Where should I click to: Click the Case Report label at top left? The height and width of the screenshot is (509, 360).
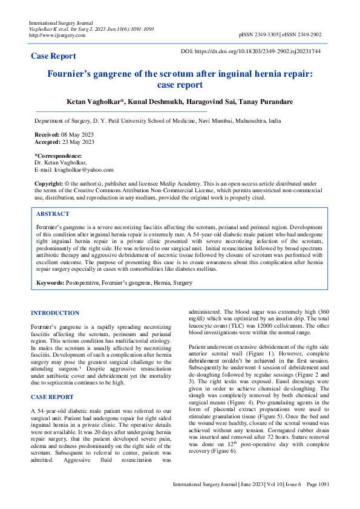tap(53, 56)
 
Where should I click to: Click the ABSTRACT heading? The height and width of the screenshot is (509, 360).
tap(53, 214)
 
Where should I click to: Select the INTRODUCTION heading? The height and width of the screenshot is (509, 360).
tap(54, 313)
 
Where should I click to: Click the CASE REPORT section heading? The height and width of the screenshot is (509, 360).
tap(52, 397)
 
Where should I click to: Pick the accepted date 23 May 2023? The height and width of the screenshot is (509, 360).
tap(78, 142)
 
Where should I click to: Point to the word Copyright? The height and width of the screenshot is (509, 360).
tap(48, 183)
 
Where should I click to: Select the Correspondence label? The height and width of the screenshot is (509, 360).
tap(58, 156)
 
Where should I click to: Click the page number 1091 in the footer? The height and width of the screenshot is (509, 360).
tap(322, 501)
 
